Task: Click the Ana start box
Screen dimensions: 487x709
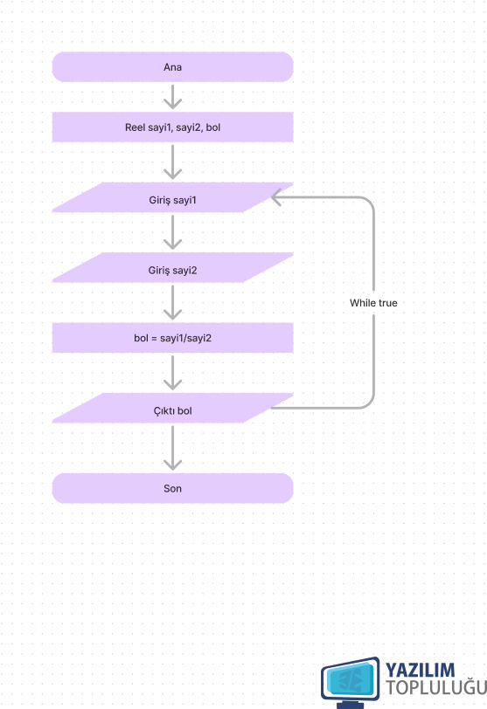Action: tap(172, 67)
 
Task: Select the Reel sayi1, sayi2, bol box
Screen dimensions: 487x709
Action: tap(172, 127)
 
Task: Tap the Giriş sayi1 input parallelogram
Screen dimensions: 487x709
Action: tap(172, 197)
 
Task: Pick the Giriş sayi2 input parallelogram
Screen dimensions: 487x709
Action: tap(172, 268)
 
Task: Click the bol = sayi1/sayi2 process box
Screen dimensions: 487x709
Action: tap(172, 338)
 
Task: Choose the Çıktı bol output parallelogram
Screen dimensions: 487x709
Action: tap(172, 408)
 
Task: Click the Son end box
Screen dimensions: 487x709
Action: tap(172, 488)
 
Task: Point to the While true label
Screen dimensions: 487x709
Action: tap(373, 303)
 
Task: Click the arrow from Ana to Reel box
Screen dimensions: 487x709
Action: tap(172, 97)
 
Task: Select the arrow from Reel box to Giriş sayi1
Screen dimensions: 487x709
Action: tap(172, 162)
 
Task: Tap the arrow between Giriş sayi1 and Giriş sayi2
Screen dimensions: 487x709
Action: tap(172, 232)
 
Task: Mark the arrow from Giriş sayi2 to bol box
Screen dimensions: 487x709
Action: tap(172, 302)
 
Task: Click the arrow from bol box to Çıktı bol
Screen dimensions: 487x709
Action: tap(172, 373)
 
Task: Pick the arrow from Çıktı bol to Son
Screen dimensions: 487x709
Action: tap(172, 448)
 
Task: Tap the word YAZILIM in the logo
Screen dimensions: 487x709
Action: tap(420, 670)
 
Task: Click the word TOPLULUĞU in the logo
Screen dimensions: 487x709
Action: tap(436, 687)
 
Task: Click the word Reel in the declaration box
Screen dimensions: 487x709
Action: tap(135, 127)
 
